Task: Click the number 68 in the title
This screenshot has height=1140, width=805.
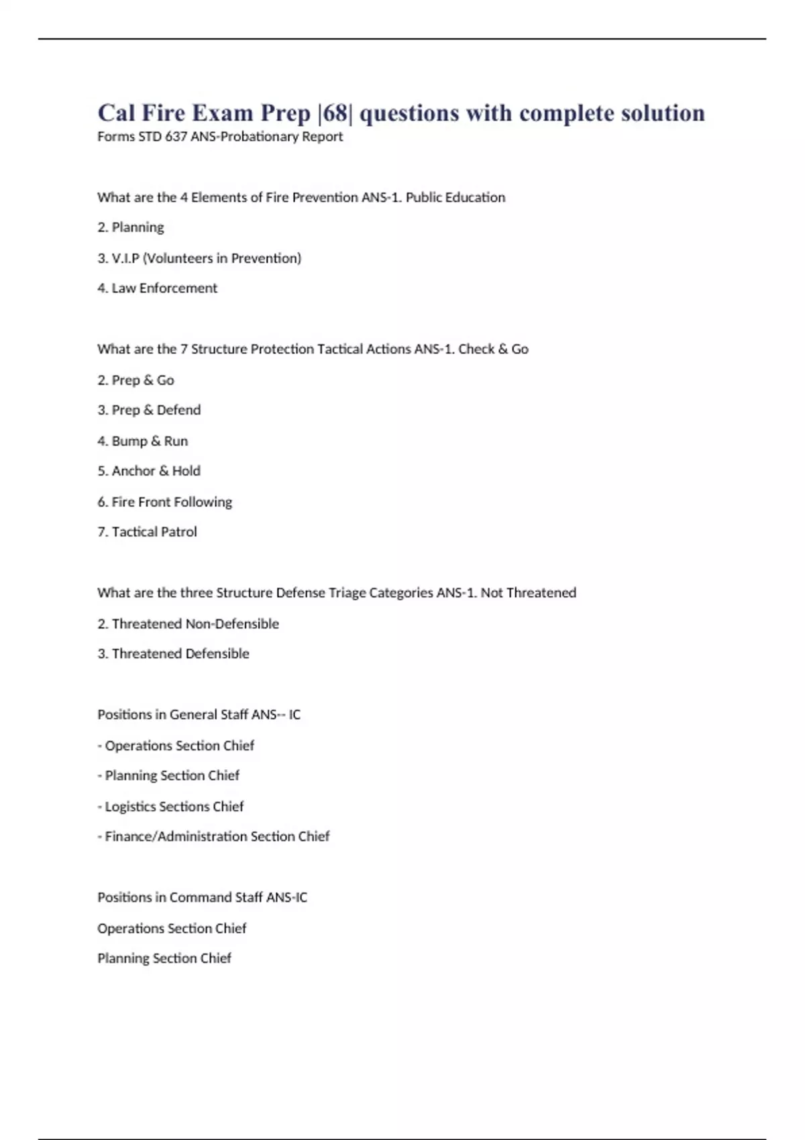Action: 335,113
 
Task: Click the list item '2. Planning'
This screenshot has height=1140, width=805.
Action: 131,227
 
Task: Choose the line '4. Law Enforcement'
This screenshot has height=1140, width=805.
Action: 158,288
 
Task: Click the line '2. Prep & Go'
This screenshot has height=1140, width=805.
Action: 136,380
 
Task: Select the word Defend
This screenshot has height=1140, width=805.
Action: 178,410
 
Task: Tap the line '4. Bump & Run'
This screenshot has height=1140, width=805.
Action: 143,441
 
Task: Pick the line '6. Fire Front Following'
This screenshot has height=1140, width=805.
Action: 165,502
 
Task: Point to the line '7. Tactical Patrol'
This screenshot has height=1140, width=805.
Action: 148,532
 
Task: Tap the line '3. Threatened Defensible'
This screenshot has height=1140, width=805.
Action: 173,654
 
